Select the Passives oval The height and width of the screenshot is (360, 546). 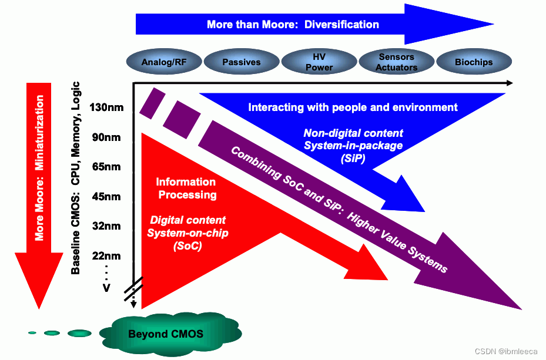241,62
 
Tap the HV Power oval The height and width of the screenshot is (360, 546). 319,62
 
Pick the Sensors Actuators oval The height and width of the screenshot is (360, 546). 396,62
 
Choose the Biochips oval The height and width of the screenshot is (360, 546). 474,62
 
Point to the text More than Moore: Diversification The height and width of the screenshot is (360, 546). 293,25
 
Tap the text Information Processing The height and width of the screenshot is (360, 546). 186,189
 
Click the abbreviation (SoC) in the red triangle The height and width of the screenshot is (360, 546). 187,247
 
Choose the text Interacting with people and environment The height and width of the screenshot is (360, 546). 353,107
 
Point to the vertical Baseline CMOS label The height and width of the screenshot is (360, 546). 76,176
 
